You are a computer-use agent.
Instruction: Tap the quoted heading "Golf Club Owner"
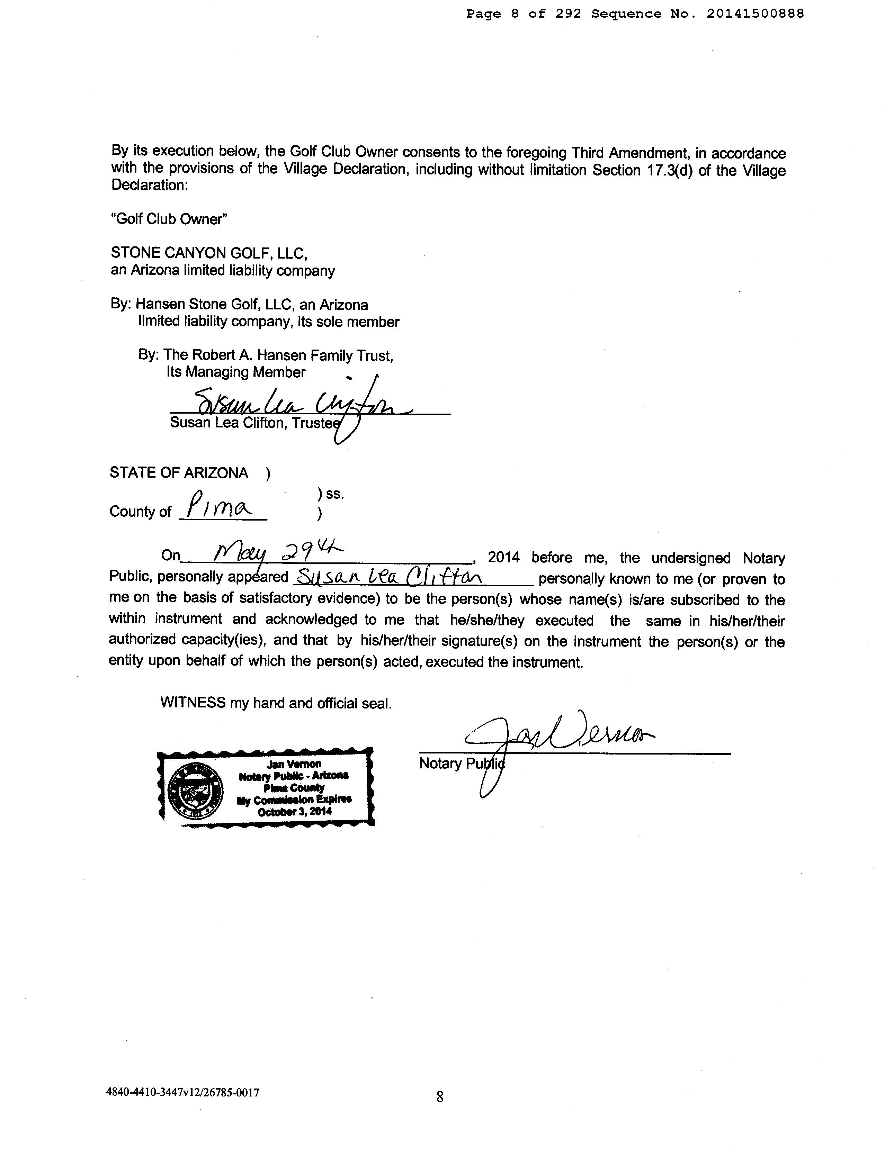click(169, 219)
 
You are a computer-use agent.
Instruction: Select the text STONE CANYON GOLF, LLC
click(208, 253)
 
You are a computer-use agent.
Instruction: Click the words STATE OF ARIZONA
click(179, 473)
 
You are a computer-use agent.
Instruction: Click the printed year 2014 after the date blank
click(503, 557)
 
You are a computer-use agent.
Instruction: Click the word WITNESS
click(193, 703)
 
